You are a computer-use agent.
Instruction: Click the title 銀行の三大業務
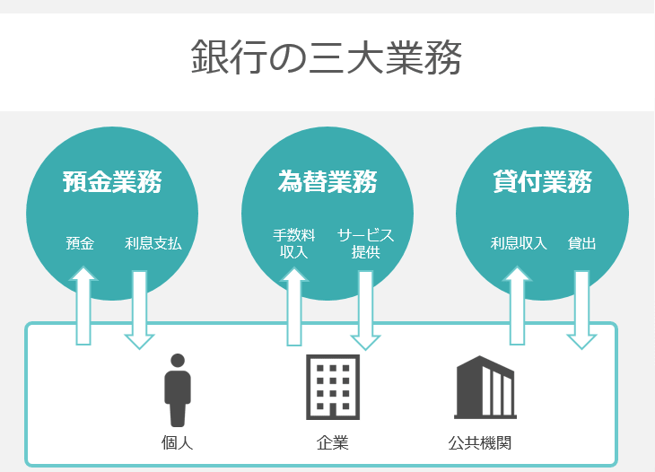click(327, 57)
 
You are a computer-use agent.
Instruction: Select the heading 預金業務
click(112, 181)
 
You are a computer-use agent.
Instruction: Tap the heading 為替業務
click(327, 181)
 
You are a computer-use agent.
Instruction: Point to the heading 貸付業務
click(542, 181)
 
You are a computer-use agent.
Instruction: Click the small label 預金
click(80, 243)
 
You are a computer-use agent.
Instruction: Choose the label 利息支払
click(153, 243)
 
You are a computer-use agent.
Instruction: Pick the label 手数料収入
click(293, 243)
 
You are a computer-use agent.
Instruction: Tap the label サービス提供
click(365, 243)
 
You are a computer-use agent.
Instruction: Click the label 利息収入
click(519, 243)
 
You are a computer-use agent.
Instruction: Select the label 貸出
click(581, 243)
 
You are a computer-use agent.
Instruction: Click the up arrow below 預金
click(83, 306)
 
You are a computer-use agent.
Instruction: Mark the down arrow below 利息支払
click(139, 310)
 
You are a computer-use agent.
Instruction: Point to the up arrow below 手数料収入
click(294, 307)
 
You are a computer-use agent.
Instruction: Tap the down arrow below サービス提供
click(365, 310)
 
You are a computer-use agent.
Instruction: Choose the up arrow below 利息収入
click(517, 306)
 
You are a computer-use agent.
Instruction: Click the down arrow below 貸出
click(581, 310)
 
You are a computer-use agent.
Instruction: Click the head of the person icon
click(178, 361)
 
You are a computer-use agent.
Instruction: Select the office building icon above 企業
click(333, 387)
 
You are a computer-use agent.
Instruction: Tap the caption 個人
click(177, 443)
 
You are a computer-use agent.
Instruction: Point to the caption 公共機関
click(479, 443)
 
